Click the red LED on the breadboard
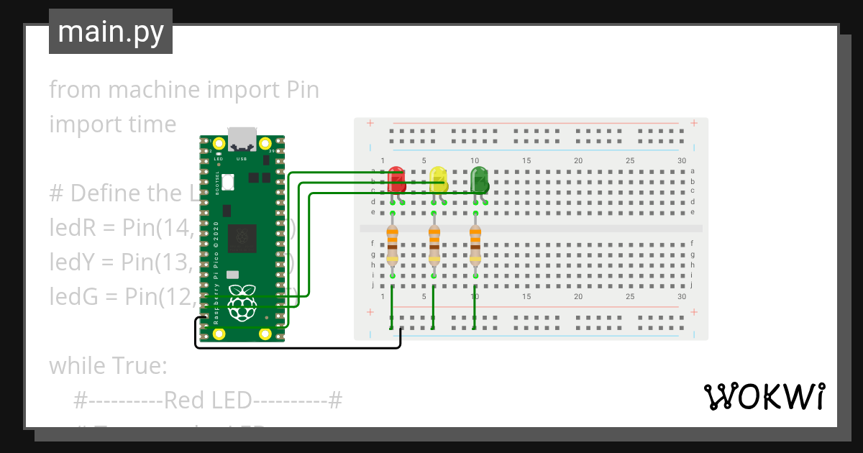396,180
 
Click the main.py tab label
111,32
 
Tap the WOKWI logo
763,396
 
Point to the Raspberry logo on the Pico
242,302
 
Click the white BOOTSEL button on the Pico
229,183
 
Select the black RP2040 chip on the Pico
242,238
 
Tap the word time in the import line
152,124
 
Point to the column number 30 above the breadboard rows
681,160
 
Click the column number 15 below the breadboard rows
526,296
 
